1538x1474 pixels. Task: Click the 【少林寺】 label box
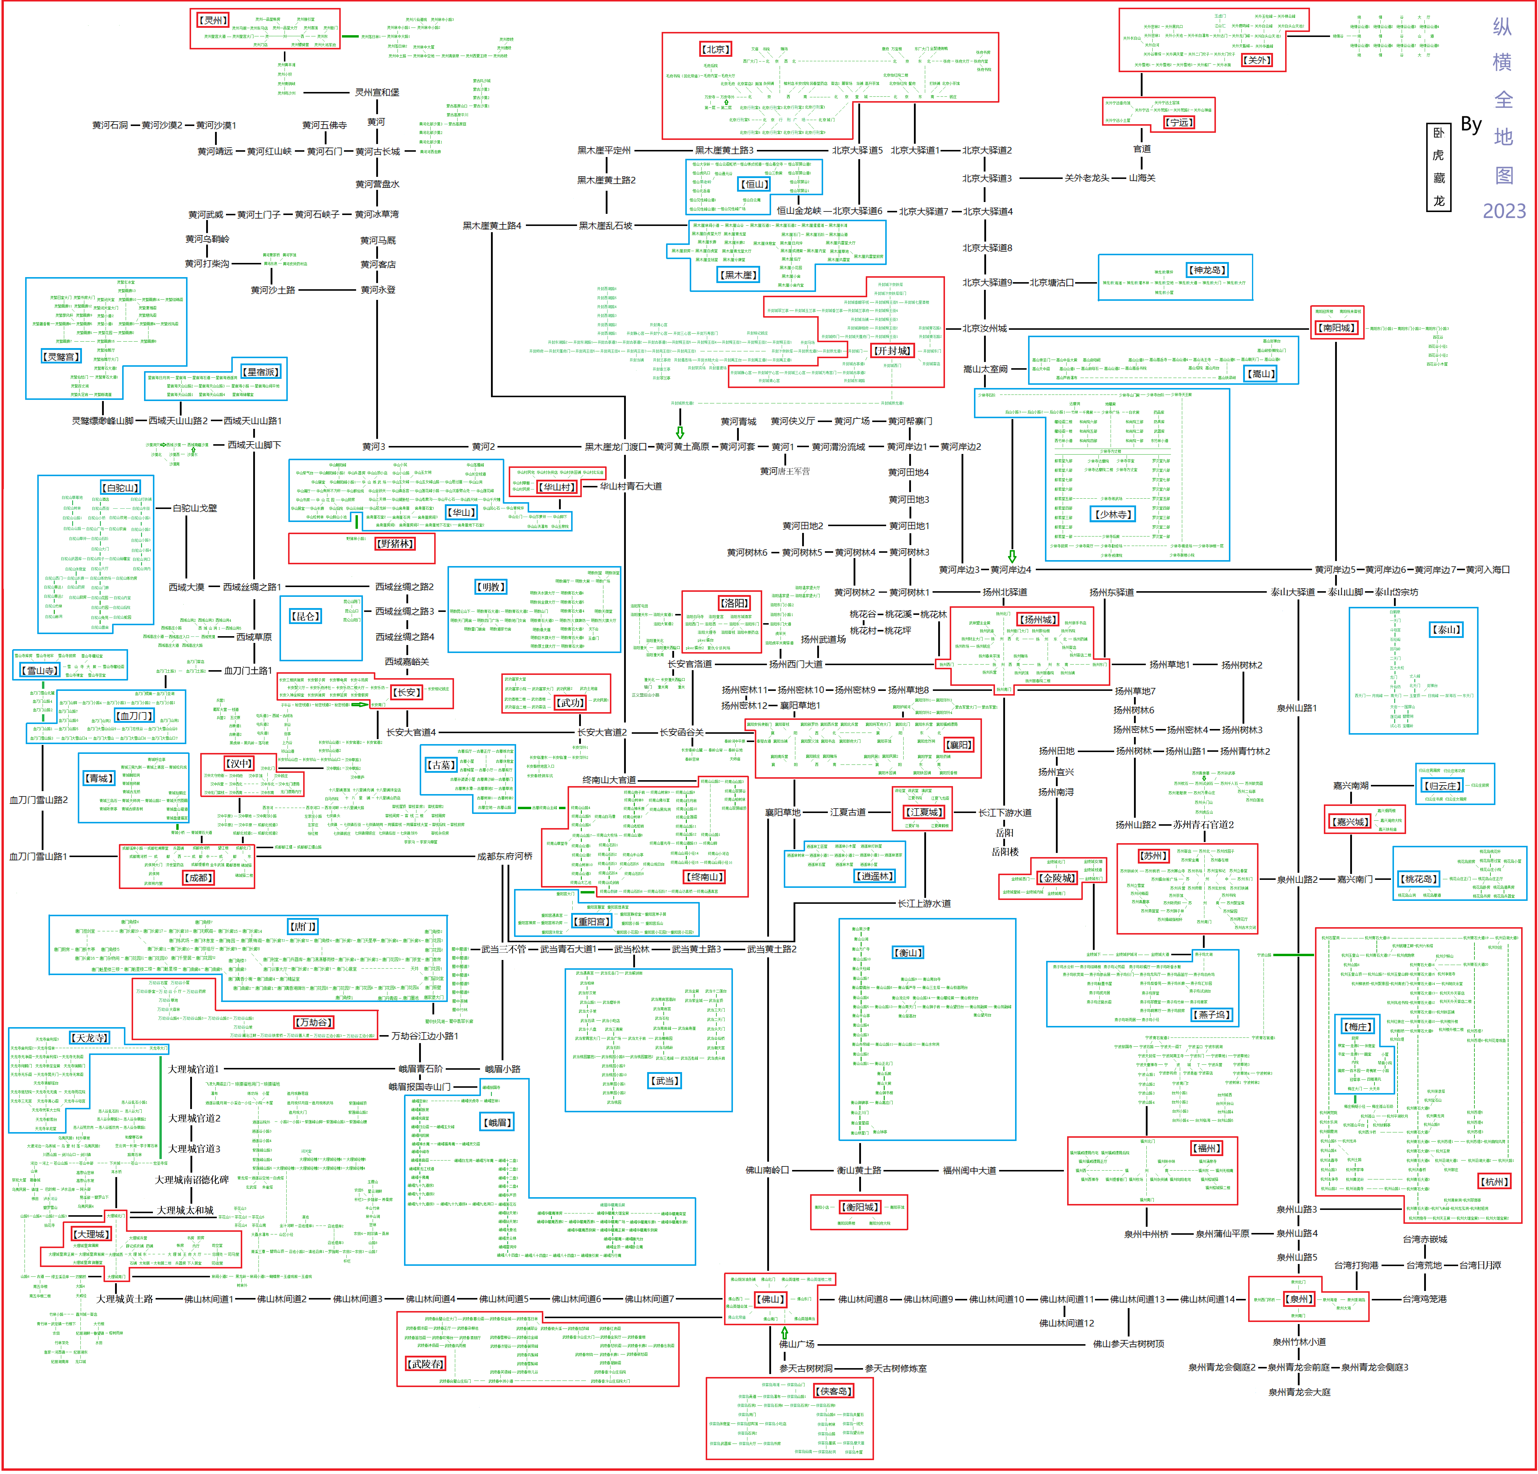point(1113,515)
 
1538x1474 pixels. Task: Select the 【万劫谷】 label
point(314,1022)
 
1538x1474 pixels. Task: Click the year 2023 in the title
point(1503,211)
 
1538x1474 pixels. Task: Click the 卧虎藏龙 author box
point(1438,167)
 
